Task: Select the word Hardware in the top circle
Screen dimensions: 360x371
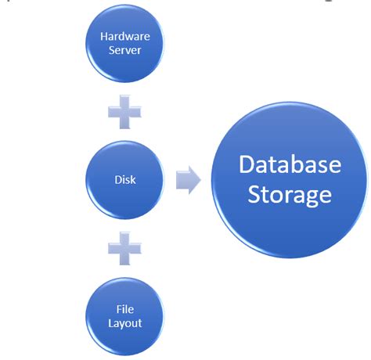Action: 124,37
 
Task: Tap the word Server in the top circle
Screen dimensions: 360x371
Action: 124,51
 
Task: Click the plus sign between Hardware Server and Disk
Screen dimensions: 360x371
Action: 124,112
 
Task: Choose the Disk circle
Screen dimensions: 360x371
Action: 124,179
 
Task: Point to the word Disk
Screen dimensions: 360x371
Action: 124,179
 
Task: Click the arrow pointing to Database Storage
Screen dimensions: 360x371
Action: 187,179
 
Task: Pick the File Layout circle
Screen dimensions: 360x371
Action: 124,314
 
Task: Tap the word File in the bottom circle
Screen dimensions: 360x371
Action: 124,307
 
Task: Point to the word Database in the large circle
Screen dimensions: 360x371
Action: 290,165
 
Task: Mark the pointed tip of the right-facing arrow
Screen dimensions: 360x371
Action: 200,179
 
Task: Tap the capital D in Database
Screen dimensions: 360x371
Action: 247,165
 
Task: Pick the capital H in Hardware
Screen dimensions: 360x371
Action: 104,37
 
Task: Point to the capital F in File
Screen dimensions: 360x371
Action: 118,307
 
